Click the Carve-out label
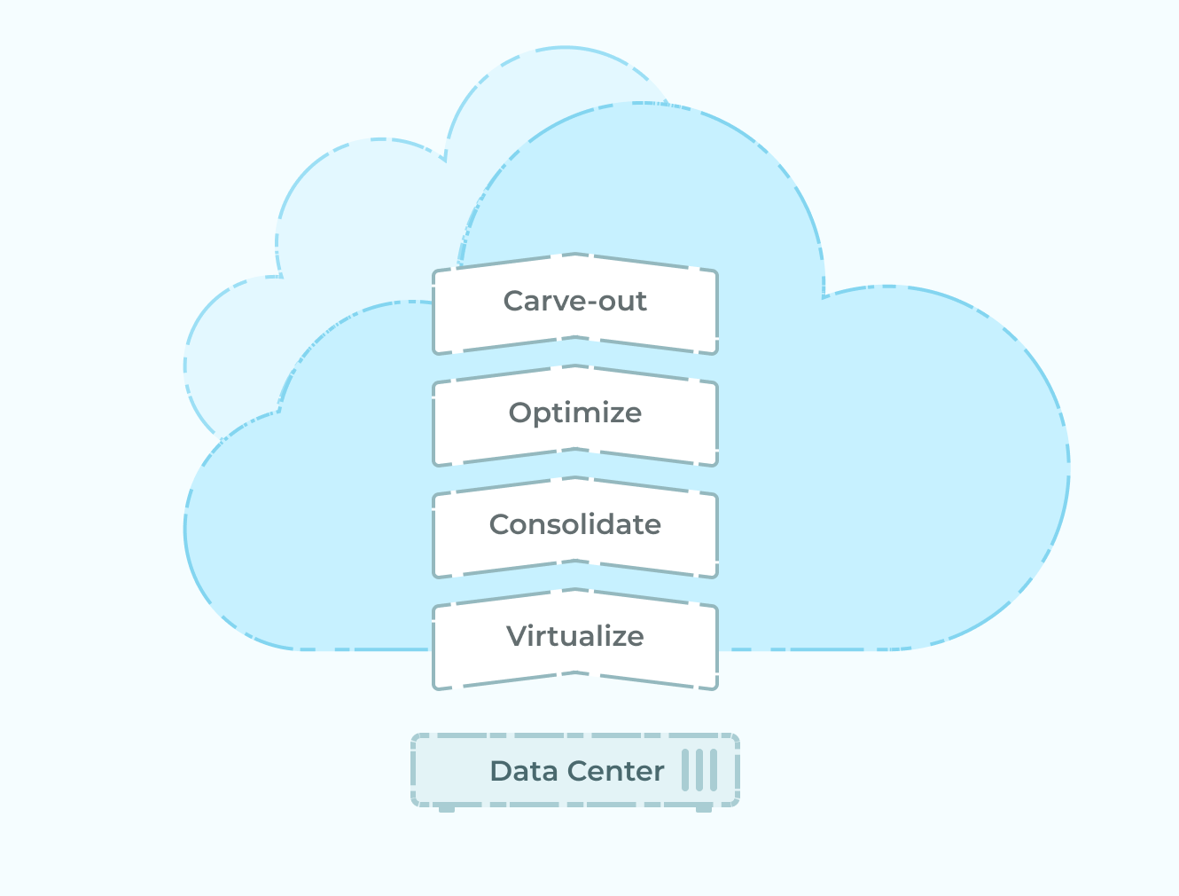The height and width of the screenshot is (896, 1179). pyautogui.click(x=574, y=301)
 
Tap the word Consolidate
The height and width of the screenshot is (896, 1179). pyautogui.click(x=574, y=524)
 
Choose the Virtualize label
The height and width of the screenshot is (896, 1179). pyautogui.click(x=574, y=636)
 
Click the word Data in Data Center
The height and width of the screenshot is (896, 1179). pyautogui.click(x=524, y=771)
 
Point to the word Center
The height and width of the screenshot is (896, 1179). pyautogui.click(x=615, y=772)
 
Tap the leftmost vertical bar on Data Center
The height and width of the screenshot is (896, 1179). pyautogui.click(x=685, y=770)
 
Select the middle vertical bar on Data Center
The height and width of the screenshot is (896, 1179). pyautogui.click(x=699, y=770)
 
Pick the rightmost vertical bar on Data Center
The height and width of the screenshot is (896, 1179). pyautogui.click(x=714, y=770)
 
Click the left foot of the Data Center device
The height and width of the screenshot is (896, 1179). pyautogui.click(x=447, y=809)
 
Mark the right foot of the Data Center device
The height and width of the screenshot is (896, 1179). pyautogui.click(x=704, y=809)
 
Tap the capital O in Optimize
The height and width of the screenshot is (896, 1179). pyautogui.click(x=520, y=413)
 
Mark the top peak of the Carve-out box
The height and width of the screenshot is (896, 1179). pyautogui.click(x=575, y=254)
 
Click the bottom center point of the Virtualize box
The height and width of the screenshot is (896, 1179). pyautogui.click(x=575, y=672)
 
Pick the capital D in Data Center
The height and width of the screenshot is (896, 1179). pyautogui.click(x=502, y=771)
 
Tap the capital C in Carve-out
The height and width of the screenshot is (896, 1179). pyautogui.click(x=514, y=301)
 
